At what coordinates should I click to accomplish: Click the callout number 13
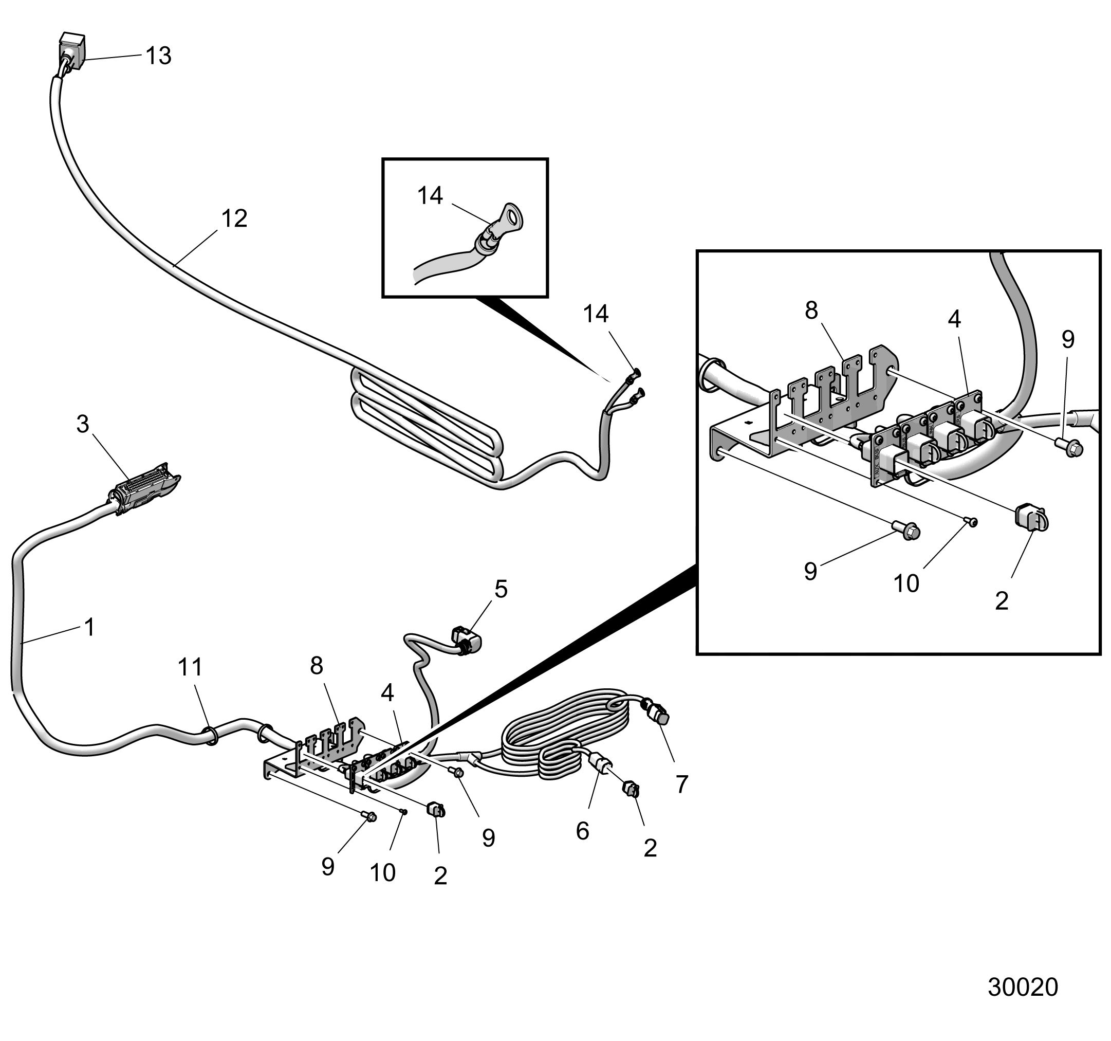(x=159, y=56)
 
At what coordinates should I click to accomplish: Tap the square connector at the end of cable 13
(x=72, y=50)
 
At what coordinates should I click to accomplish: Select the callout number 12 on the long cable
(x=234, y=218)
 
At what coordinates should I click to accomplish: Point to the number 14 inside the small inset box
(x=430, y=196)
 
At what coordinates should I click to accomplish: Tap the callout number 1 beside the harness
(x=89, y=627)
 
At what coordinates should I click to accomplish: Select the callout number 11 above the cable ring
(x=190, y=667)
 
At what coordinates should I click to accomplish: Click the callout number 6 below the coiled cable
(x=582, y=831)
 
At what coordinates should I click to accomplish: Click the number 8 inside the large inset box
(x=811, y=311)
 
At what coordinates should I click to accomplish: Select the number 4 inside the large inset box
(x=954, y=319)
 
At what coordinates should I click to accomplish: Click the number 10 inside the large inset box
(x=906, y=583)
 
